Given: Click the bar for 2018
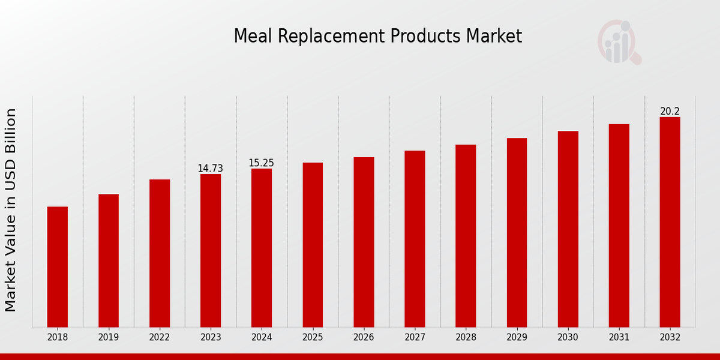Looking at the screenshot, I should [x=58, y=266].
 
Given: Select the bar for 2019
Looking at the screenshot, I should [x=109, y=260].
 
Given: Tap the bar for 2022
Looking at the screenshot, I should [x=160, y=253].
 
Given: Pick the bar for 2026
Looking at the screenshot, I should [x=364, y=242].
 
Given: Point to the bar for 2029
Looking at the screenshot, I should [x=517, y=232].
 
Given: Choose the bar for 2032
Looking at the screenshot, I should [x=670, y=222].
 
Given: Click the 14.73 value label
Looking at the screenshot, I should [x=211, y=169].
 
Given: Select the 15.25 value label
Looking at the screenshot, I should [x=262, y=163].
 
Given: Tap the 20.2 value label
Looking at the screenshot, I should [x=670, y=112].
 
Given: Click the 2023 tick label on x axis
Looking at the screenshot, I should [x=211, y=337].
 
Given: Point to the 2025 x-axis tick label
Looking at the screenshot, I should [x=313, y=337].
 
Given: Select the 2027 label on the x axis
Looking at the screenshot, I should [x=415, y=337].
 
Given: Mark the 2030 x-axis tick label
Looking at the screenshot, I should [x=568, y=337].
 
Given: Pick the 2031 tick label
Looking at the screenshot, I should [x=619, y=337].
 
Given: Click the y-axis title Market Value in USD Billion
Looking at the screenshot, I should [x=11, y=210].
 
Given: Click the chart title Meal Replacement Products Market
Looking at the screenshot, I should [x=377, y=36].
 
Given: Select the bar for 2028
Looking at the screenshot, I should [x=466, y=236].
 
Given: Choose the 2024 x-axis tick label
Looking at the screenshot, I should [x=262, y=337].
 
